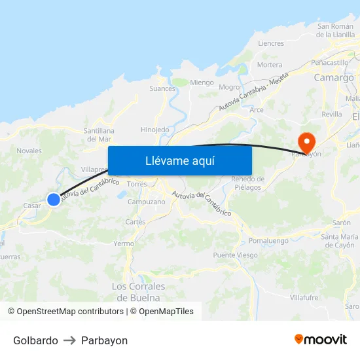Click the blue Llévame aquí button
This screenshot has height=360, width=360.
[179, 160]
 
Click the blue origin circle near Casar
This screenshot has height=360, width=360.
[54, 200]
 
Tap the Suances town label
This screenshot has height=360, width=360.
[162, 88]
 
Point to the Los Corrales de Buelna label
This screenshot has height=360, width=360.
[137, 291]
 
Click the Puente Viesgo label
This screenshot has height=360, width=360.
[235, 255]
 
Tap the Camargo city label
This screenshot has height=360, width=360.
[334, 77]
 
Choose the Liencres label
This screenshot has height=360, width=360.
[271, 43]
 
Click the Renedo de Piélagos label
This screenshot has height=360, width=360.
[247, 183]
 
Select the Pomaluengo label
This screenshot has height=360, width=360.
[268, 241]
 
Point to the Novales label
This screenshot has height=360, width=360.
[29, 151]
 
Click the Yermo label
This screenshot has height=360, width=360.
[124, 243]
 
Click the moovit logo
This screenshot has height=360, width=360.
[320, 339]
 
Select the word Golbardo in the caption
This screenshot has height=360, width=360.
[35, 340]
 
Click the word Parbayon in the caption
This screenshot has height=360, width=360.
[104, 340]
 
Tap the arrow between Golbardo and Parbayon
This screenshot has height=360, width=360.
[69, 340]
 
